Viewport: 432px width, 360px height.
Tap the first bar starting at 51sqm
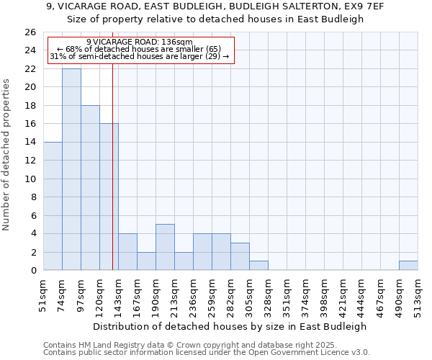53,206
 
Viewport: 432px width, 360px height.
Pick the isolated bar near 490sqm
408,266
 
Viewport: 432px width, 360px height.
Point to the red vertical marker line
113,180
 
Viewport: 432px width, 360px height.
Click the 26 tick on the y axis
30,32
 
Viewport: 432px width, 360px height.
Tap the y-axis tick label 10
30,179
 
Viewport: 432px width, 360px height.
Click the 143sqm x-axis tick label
119,294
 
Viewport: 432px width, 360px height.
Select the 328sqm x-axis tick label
269,294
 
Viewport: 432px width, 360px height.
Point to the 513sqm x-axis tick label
418,294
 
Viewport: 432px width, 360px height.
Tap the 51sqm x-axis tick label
44,294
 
